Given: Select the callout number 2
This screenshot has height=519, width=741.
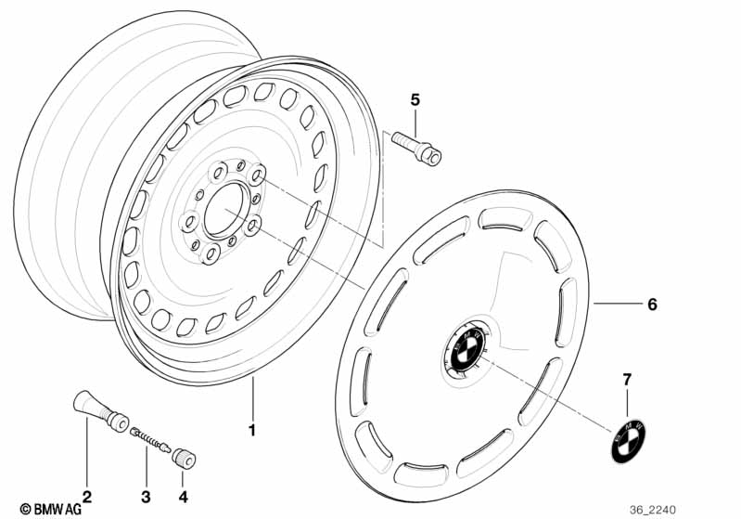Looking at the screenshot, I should click(x=86, y=497).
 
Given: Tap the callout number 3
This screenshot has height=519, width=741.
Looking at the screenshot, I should click(x=146, y=497).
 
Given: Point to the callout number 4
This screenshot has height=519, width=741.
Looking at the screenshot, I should click(x=183, y=497).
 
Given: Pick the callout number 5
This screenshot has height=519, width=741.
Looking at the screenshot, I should click(x=415, y=99).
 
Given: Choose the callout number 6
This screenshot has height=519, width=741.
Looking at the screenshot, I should click(x=652, y=305).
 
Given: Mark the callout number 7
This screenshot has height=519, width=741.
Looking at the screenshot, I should click(x=626, y=380).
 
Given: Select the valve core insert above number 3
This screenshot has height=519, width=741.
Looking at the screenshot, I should click(x=147, y=437).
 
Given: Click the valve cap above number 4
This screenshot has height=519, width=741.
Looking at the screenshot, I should click(x=183, y=459).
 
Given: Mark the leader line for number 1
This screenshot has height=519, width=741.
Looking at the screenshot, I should click(x=250, y=399).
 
